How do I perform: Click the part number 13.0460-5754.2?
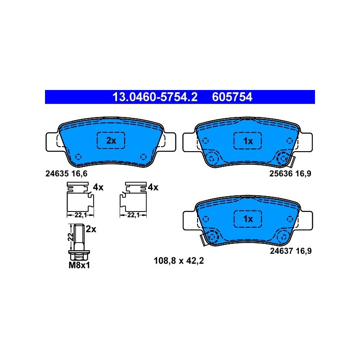point(155,97)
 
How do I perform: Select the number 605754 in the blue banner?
point(232,97)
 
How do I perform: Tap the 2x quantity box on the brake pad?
point(111,140)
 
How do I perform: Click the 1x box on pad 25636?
point(248,141)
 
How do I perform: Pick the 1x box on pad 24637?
point(248,219)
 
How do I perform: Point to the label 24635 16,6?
point(66,174)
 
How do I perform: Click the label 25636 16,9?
point(290,174)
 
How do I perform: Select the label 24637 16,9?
point(291,251)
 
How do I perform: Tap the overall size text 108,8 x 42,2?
point(179,261)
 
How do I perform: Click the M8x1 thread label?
point(79,265)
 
